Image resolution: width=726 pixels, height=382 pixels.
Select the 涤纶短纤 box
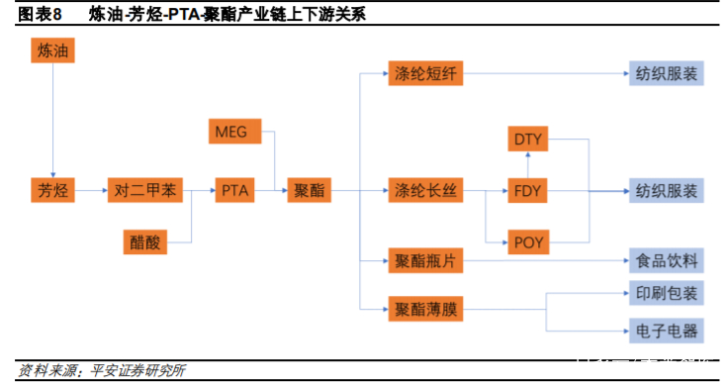(423, 73)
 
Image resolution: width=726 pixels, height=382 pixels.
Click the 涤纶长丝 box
(423, 190)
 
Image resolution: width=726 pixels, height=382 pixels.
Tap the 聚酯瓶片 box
(423, 261)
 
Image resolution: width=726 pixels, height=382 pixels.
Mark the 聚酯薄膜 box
(423, 310)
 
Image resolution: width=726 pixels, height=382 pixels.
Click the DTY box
(530, 140)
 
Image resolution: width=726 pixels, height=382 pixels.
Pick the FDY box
(530, 190)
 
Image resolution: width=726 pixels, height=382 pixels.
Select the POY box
(530, 240)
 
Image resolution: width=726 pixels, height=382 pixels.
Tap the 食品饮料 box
(666, 261)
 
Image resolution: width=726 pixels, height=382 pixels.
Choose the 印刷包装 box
(666, 294)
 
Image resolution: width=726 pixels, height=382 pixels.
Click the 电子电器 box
(666, 330)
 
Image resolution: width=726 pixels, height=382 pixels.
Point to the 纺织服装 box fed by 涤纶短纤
(666, 73)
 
